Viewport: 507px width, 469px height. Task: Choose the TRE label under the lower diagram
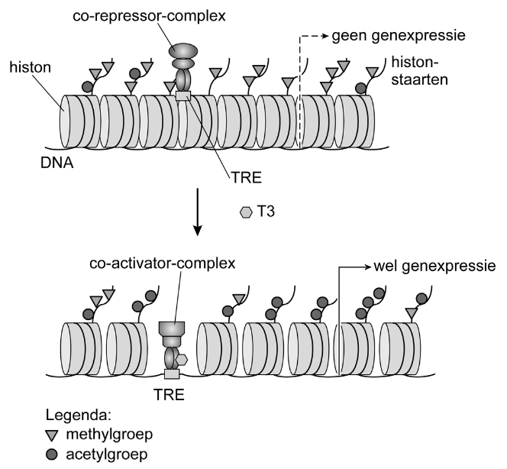171,396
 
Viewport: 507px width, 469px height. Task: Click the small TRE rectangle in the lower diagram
171,374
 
